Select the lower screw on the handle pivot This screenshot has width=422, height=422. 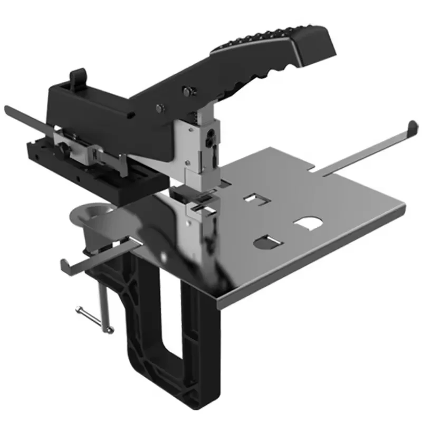point(159,109)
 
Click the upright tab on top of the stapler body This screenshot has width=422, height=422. point(78,77)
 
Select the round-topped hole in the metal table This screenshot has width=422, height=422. point(309,224)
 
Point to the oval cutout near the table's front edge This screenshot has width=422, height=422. point(268,243)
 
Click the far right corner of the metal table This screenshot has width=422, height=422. point(404,208)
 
